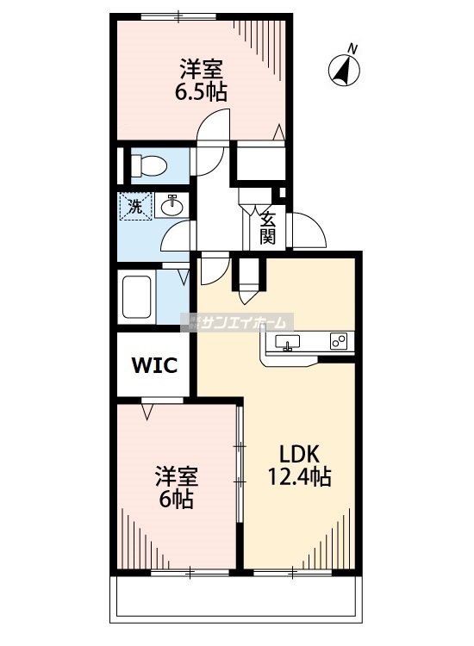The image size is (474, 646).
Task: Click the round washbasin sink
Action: click(172, 205)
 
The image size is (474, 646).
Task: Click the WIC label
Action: click(154, 364)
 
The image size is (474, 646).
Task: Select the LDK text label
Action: click(292, 455)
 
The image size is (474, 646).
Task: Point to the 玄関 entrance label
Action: click(268, 226)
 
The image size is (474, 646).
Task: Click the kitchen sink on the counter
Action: click(287, 343)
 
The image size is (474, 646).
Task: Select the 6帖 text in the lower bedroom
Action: click(178, 498)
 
